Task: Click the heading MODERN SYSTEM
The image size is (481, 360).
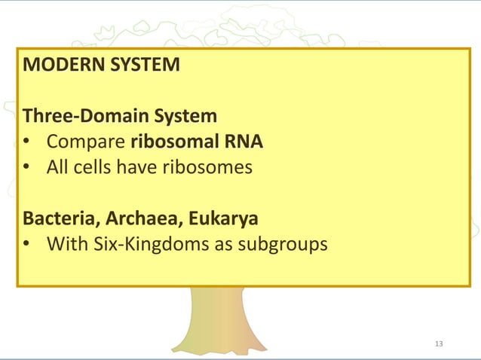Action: [102, 65]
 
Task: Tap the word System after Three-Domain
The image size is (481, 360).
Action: [185, 117]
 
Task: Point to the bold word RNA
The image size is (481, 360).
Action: [246, 142]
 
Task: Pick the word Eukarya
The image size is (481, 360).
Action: [224, 219]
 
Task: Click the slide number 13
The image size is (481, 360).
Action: [440, 344]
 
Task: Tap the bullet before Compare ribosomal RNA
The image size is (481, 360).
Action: [27, 142]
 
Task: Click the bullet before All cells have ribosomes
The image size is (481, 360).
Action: [27, 168]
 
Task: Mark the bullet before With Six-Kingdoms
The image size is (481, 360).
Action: [27, 246]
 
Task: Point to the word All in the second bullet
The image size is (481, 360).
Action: [59, 167]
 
